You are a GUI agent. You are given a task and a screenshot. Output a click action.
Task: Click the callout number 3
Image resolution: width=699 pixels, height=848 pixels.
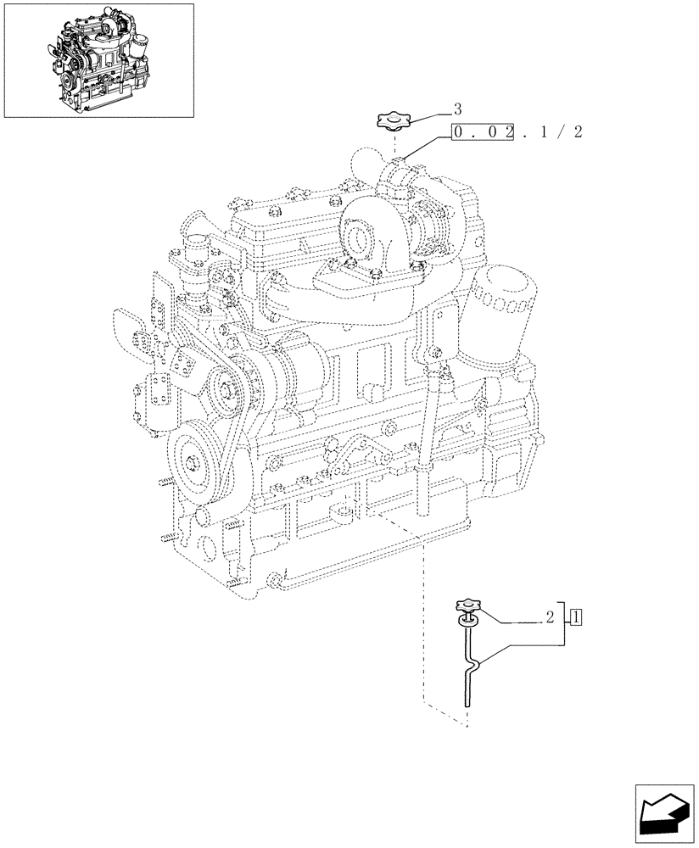click(457, 109)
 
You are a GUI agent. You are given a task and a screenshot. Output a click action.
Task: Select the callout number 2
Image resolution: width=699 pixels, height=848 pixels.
click(551, 617)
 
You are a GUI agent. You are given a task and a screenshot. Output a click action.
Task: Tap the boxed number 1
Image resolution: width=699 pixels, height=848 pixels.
click(577, 617)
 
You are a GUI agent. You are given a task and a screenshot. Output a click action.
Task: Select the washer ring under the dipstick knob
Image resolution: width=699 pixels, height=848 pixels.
click(466, 623)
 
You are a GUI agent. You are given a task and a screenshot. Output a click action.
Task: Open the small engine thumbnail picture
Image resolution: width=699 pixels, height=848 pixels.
click(98, 60)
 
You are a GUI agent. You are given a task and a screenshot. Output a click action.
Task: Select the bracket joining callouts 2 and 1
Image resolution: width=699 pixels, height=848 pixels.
click(566, 628)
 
